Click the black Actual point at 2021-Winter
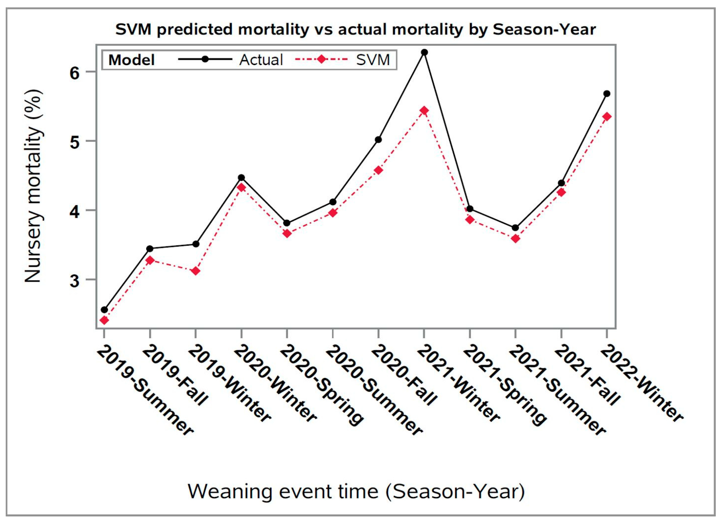(424, 52)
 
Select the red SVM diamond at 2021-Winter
(424, 110)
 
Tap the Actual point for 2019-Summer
(104, 310)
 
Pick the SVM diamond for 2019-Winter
(196, 271)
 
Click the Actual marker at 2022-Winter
(607, 94)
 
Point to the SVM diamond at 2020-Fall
(378, 170)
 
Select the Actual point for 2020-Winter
(241, 178)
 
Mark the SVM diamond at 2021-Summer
(515, 239)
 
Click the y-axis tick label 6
(74, 73)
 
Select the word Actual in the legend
(261, 60)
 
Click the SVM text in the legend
(373, 60)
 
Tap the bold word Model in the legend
(132, 60)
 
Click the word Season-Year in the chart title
(544, 30)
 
